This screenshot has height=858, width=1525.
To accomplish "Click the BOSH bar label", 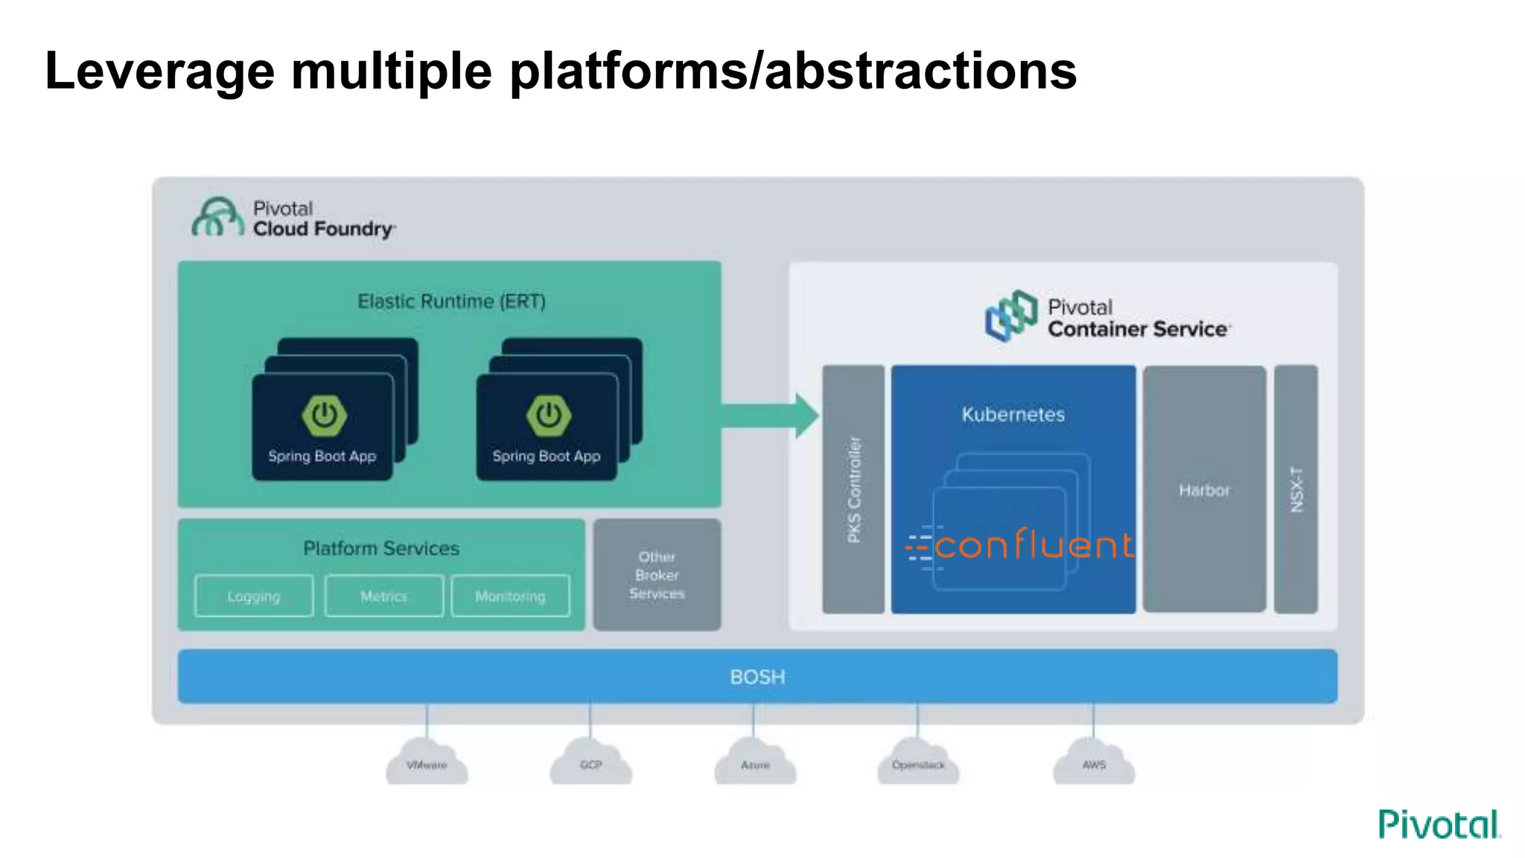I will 757,676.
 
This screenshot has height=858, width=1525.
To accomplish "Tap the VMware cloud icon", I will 427,763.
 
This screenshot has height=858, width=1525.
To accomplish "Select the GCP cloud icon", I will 590,763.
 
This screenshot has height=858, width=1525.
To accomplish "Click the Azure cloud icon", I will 755,763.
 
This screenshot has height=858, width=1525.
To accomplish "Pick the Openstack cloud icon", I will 918,763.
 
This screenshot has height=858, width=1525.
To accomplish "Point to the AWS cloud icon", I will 1094,763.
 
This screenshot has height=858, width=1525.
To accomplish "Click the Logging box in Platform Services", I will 254,596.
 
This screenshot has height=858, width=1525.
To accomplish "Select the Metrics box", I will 384,596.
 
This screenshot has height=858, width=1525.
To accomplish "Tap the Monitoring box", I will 510,596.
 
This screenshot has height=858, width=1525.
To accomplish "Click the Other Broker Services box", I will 657,575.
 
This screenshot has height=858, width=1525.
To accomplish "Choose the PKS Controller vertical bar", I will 853,489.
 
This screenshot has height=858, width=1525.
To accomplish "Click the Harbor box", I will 1204,489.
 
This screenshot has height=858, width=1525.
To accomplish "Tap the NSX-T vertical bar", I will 1296,489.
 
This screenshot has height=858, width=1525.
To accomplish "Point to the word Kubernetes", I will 1013,414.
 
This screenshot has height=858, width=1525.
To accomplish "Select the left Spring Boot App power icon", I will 324,415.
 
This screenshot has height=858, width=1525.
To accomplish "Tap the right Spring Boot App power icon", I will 549,415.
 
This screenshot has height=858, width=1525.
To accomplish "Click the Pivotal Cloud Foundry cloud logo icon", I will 217,217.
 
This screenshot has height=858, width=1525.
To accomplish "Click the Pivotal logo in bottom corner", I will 1439,824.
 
